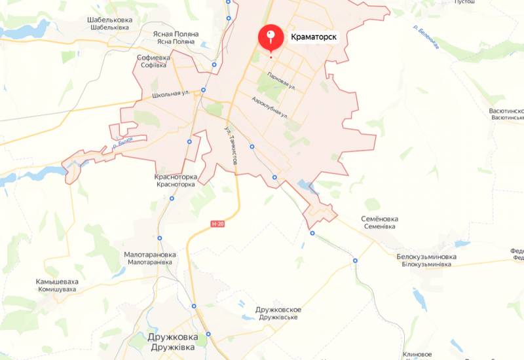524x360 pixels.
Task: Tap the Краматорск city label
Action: pyautogui.click(x=314, y=37)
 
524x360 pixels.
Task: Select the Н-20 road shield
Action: pyautogui.click(x=218, y=224)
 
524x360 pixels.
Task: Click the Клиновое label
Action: pyautogui.click(x=417, y=353)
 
